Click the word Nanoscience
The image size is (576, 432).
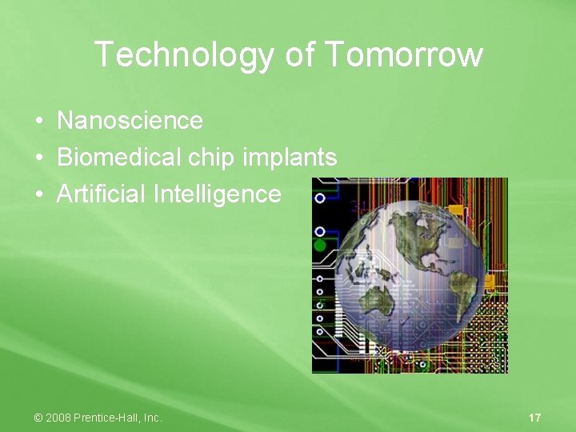[x=130, y=121]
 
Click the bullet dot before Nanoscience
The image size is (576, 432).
[x=38, y=122]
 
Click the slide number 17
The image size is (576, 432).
[x=535, y=418]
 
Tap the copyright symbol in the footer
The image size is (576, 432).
[x=38, y=418]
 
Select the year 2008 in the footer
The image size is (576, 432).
[x=58, y=418]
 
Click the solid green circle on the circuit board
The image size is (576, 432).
[x=320, y=245]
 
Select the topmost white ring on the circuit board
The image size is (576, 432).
[x=320, y=198]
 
